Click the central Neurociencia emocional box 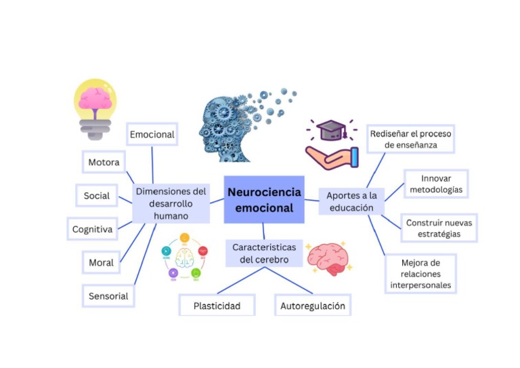coord(264,199)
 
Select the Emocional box coord(152,134)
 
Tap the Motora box coord(104,163)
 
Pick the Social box coord(97,196)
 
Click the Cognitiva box coord(92,229)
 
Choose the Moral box coord(101,262)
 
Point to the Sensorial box coord(108,295)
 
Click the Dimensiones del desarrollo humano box coord(171,203)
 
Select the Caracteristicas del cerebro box coord(264,253)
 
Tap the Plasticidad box coord(217,306)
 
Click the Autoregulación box coord(313,306)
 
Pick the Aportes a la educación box coord(351,201)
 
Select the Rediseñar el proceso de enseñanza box coord(411,139)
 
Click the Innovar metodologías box coord(436,184)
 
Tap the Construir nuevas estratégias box coord(439,228)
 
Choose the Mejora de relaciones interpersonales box coord(420,273)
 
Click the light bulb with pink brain coord(94,107)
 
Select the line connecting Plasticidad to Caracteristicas coord(237,281)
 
